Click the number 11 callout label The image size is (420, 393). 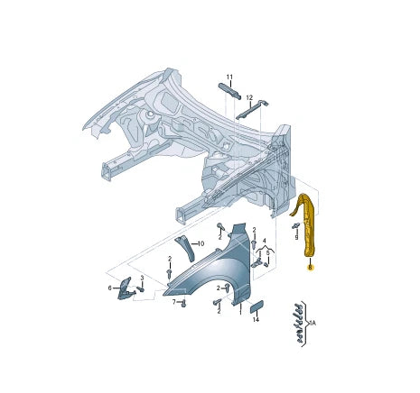coord(229,78)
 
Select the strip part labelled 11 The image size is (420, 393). coord(230,91)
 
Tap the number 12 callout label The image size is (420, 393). coord(249,97)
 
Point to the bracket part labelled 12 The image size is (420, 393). coord(253,110)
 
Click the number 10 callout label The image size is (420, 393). coord(201,243)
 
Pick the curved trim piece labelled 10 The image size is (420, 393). coord(185,248)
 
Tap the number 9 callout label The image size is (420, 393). coord(296,237)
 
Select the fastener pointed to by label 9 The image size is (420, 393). coord(296,226)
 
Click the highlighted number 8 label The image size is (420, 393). coord(310,267)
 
